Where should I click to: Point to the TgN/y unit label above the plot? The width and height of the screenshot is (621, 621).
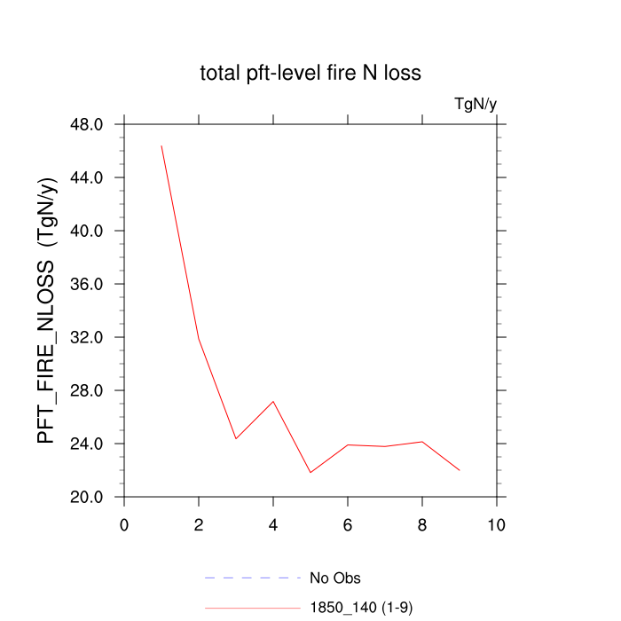point(476,105)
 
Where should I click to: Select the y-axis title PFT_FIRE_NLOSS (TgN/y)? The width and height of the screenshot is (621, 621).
point(47,310)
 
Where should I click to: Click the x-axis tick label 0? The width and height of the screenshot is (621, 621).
point(124,524)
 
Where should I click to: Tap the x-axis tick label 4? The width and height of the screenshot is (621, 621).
point(273,524)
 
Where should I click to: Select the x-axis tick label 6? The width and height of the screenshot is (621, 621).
point(348,524)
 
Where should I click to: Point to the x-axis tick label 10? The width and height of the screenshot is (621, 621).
point(497,524)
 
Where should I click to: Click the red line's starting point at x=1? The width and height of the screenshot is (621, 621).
point(161,145)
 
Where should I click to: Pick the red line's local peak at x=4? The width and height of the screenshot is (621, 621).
point(273,401)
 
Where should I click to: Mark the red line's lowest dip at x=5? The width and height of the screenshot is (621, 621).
point(310,472)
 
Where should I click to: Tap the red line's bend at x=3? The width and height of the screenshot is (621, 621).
point(236,438)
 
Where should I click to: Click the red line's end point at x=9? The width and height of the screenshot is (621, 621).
point(460,470)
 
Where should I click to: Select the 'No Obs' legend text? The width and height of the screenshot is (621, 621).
point(334,578)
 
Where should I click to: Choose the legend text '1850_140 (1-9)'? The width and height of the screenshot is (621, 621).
point(360,608)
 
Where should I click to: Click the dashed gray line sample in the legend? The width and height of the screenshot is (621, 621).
point(253,578)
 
